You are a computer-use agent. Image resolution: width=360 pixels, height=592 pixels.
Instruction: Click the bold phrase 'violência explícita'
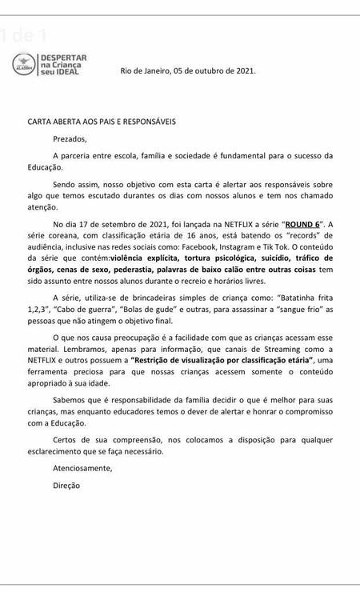tap(150, 258)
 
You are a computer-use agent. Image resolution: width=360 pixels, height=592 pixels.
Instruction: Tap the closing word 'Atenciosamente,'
tap(82, 467)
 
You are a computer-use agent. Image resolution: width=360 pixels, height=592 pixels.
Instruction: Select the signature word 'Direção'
tap(66, 485)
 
